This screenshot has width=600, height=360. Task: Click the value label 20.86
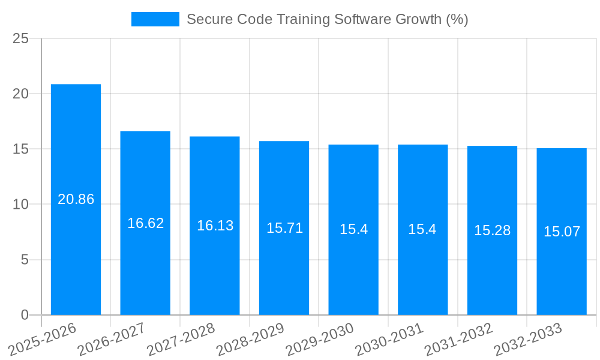click(x=76, y=199)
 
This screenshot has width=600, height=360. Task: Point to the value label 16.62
click(x=145, y=223)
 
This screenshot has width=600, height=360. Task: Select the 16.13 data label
click(x=215, y=226)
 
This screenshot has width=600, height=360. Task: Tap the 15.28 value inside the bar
click(x=492, y=230)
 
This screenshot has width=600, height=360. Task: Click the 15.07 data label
click(x=562, y=232)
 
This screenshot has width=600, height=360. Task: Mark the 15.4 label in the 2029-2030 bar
click(x=353, y=229)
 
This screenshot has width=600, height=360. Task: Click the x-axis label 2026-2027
click(x=112, y=339)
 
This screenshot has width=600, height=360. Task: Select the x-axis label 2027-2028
click(x=181, y=339)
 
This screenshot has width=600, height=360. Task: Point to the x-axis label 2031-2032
click(x=459, y=339)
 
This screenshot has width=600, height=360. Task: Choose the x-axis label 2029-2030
click(x=320, y=339)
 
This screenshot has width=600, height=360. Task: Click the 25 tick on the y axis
click(x=20, y=38)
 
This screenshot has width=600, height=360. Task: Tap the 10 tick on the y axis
click(x=20, y=205)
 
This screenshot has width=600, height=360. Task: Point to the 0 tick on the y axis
click(x=25, y=315)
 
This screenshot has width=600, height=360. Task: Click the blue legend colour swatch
click(x=155, y=19)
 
